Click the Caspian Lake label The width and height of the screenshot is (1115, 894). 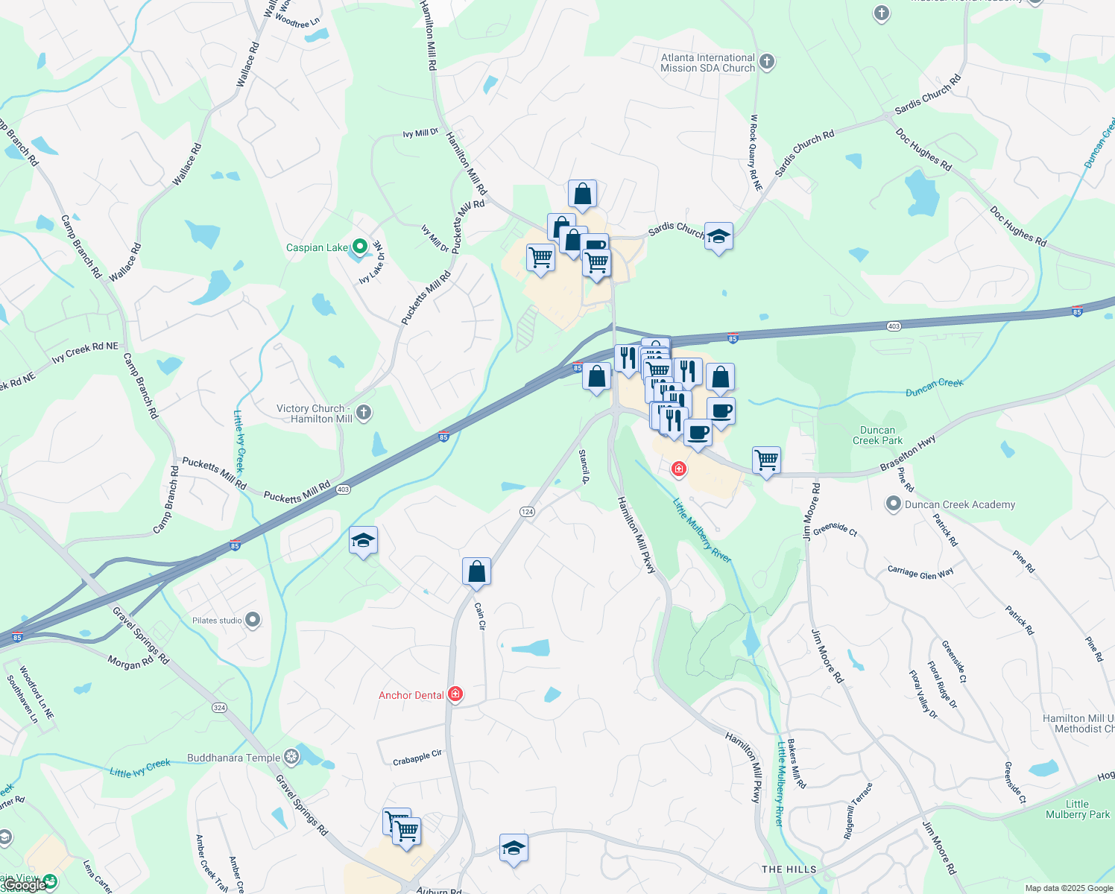click(317, 247)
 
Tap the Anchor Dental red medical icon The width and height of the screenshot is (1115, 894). click(455, 694)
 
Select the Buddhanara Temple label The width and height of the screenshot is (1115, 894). click(233, 758)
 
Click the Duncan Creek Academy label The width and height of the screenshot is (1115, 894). click(959, 504)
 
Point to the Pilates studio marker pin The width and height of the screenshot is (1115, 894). click(253, 620)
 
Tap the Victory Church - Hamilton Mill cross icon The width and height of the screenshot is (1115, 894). click(364, 413)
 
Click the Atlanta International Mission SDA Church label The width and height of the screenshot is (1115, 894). click(707, 63)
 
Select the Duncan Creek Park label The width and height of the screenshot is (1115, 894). click(877, 435)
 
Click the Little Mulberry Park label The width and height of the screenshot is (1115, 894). click(1077, 809)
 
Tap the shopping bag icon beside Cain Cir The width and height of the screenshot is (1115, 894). click(476, 572)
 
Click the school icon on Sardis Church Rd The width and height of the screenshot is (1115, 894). click(718, 237)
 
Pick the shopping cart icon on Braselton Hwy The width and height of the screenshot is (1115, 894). click(766, 460)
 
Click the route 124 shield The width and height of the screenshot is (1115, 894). click(527, 512)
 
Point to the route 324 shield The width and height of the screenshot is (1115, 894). click(219, 708)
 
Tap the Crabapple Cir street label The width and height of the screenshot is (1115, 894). click(417, 758)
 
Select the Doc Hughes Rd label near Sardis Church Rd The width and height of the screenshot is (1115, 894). click(923, 150)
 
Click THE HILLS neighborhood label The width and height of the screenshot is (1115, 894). click(789, 869)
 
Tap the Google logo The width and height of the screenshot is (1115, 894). click(24, 885)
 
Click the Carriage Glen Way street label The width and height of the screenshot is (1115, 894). click(920, 573)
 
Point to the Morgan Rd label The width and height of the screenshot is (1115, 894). click(130, 662)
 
